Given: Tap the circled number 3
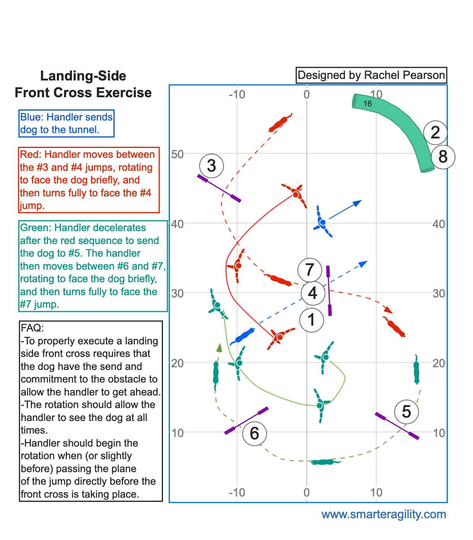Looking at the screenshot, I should click(x=211, y=166).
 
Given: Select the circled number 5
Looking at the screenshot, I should click(x=406, y=411).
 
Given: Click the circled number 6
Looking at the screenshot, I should click(x=254, y=434).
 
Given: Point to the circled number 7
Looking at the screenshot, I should click(x=310, y=270).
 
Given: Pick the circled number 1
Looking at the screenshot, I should click(x=312, y=320).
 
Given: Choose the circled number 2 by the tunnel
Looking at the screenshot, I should click(x=435, y=133).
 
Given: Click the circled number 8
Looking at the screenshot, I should click(x=443, y=157).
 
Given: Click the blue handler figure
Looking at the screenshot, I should click(x=322, y=222).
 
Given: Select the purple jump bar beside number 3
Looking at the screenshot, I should click(x=219, y=188).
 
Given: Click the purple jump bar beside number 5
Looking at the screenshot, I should click(x=397, y=426).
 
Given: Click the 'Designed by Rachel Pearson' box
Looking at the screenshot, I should click(x=371, y=75).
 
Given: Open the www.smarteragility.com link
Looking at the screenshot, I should click(x=384, y=514).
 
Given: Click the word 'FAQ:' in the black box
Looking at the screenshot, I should click(x=32, y=328).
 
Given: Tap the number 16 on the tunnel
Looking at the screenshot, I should click(x=368, y=104).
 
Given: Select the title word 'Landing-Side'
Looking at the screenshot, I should click(x=83, y=76).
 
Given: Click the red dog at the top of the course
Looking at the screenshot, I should click(x=280, y=123).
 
